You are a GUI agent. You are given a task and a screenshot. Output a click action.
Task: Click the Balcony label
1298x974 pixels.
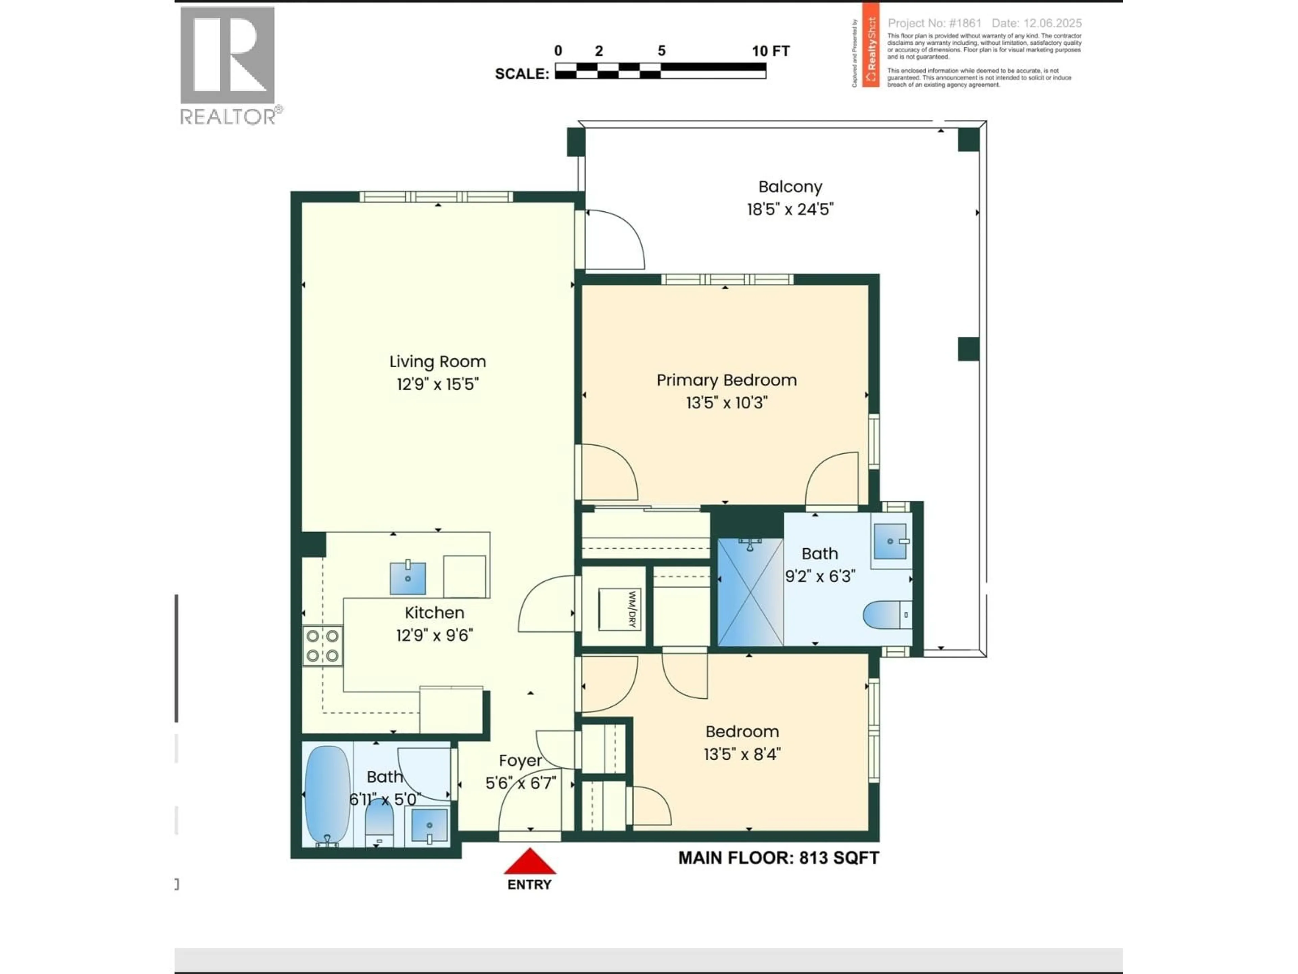click(x=790, y=187)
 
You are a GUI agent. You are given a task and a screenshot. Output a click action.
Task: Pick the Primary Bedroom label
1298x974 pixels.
click(x=726, y=380)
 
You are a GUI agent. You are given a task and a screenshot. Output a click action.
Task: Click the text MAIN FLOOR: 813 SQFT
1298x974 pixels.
click(x=778, y=858)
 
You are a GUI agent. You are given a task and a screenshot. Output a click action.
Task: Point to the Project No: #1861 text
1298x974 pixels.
click(x=934, y=23)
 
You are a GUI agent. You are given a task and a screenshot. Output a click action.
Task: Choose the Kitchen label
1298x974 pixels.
click(x=434, y=613)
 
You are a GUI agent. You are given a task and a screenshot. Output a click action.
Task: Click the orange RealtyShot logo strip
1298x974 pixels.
click(x=870, y=45)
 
